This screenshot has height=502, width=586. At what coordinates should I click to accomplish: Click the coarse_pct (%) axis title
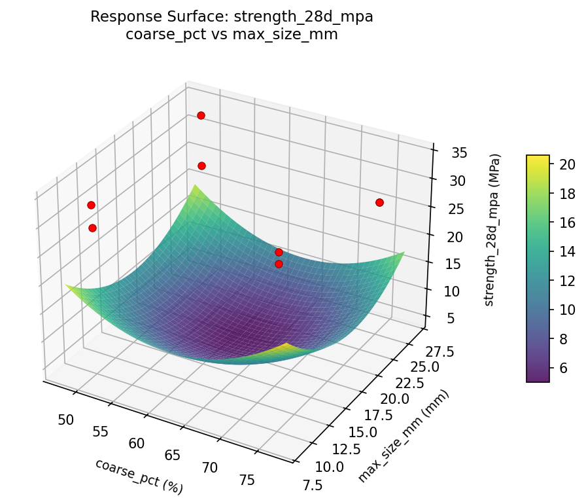[x=139, y=476]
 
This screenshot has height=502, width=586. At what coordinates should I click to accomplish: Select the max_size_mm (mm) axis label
[x=404, y=437]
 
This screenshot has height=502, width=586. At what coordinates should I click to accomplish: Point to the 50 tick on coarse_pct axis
[x=65, y=420]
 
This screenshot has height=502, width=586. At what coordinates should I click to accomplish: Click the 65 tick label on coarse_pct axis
[x=173, y=455]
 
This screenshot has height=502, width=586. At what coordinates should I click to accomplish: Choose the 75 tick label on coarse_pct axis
[x=247, y=480]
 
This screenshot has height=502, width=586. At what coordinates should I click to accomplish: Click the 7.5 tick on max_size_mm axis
[x=313, y=484]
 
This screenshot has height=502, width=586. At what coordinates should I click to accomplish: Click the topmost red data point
[x=201, y=115]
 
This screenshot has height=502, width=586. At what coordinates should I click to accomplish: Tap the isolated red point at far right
[x=379, y=202]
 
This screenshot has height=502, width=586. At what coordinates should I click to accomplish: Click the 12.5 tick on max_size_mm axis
[x=345, y=450]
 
